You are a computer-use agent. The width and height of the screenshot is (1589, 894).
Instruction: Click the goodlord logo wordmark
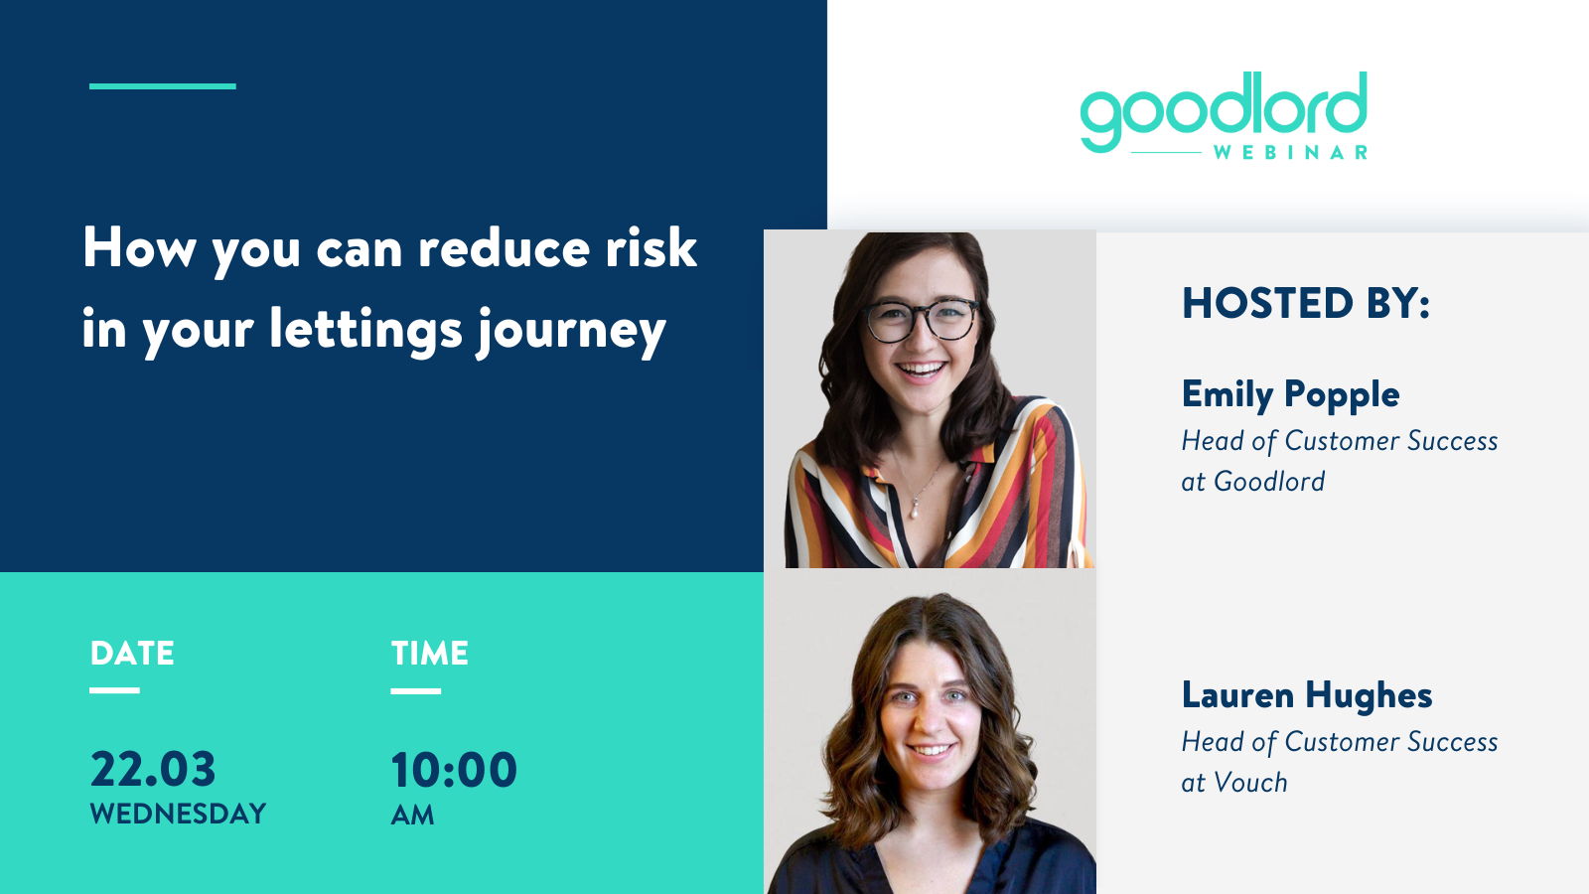pos(1224,111)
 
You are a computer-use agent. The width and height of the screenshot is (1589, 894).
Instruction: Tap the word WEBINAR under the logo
pos(1290,153)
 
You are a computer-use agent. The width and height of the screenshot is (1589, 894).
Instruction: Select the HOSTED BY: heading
pos(1305,303)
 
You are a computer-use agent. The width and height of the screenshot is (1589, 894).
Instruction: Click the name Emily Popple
pos(1290,394)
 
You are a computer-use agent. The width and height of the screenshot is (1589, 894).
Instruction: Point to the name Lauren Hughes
pos(1307,694)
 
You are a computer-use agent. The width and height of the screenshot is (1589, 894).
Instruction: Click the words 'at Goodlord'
pos(1252,481)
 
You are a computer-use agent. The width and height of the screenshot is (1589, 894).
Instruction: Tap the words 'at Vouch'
pos(1234,783)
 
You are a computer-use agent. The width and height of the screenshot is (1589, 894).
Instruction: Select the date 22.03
pos(153,769)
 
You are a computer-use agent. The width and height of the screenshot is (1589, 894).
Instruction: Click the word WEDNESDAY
pos(178,814)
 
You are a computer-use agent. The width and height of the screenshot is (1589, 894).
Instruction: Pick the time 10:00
pos(454,770)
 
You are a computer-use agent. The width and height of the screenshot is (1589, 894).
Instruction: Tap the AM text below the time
pos(412,816)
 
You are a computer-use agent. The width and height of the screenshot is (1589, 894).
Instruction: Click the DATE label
pos(132,654)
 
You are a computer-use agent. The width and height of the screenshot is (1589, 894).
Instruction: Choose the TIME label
pos(429,654)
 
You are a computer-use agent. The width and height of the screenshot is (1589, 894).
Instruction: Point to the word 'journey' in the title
pos(571,332)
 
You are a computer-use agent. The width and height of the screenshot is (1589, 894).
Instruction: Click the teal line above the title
pos(163,86)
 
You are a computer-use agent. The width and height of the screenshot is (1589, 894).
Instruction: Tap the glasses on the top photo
pos(920,320)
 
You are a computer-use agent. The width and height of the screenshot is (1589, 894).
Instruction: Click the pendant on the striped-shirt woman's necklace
pos(916,510)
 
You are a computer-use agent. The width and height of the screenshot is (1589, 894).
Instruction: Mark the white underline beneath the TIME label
pos(416,690)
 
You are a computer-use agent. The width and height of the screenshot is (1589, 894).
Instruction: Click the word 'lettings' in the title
pos(365,331)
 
